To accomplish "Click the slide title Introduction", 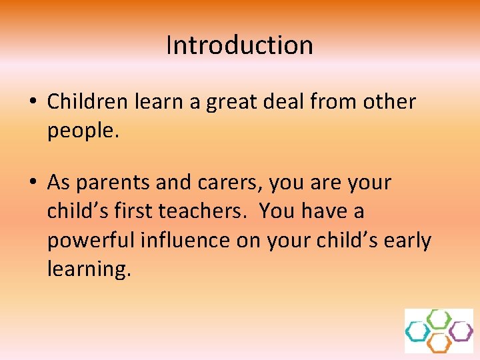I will click(x=239, y=45).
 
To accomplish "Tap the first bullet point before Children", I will click(x=32, y=103).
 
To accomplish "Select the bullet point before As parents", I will click(x=32, y=183).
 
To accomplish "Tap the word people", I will click(x=83, y=131).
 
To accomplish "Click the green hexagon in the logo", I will click(x=439, y=319).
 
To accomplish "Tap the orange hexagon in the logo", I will click(x=439, y=343).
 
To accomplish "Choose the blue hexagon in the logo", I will click(x=418, y=331).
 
